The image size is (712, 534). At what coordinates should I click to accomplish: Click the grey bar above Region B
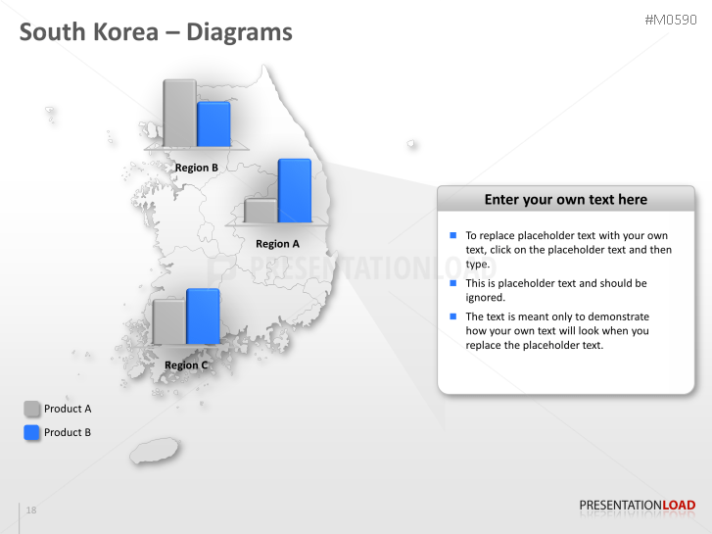pyautogui.click(x=179, y=113)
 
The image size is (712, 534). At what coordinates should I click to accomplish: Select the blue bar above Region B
pyautogui.click(x=214, y=123)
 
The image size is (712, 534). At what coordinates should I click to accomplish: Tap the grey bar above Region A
pyautogui.click(x=261, y=211)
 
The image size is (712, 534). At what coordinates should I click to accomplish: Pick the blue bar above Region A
pyautogui.click(x=295, y=190)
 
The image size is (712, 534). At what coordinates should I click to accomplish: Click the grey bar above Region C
pyautogui.click(x=168, y=321)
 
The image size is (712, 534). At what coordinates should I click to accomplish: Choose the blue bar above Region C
pyautogui.click(x=203, y=316)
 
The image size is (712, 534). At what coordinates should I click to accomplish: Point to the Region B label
pyautogui.click(x=196, y=168)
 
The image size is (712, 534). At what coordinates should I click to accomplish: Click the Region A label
pyautogui.click(x=277, y=244)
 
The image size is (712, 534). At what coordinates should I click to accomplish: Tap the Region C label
pyautogui.click(x=186, y=365)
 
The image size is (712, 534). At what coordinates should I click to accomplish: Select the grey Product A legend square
pyautogui.click(x=32, y=409)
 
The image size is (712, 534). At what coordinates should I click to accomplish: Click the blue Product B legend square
pyautogui.click(x=32, y=432)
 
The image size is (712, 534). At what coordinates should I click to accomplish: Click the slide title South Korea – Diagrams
pyautogui.click(x=156, y=32)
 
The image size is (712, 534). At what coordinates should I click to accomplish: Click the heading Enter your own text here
pyautogui.click(x=565, y=200)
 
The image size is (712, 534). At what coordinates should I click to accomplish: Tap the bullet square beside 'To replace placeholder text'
pyautogui.click(x=453, y=236)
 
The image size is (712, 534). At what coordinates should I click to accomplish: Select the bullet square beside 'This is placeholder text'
pyautogui.click(x=453, y=283)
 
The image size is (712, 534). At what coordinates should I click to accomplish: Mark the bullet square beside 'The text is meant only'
pyautogui.click(x=453, y=316)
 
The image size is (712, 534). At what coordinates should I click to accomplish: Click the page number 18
pyautogui.click(x=31, y=510)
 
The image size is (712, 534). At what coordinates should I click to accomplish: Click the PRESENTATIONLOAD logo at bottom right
pyautogui.click(x=637, y=506)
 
